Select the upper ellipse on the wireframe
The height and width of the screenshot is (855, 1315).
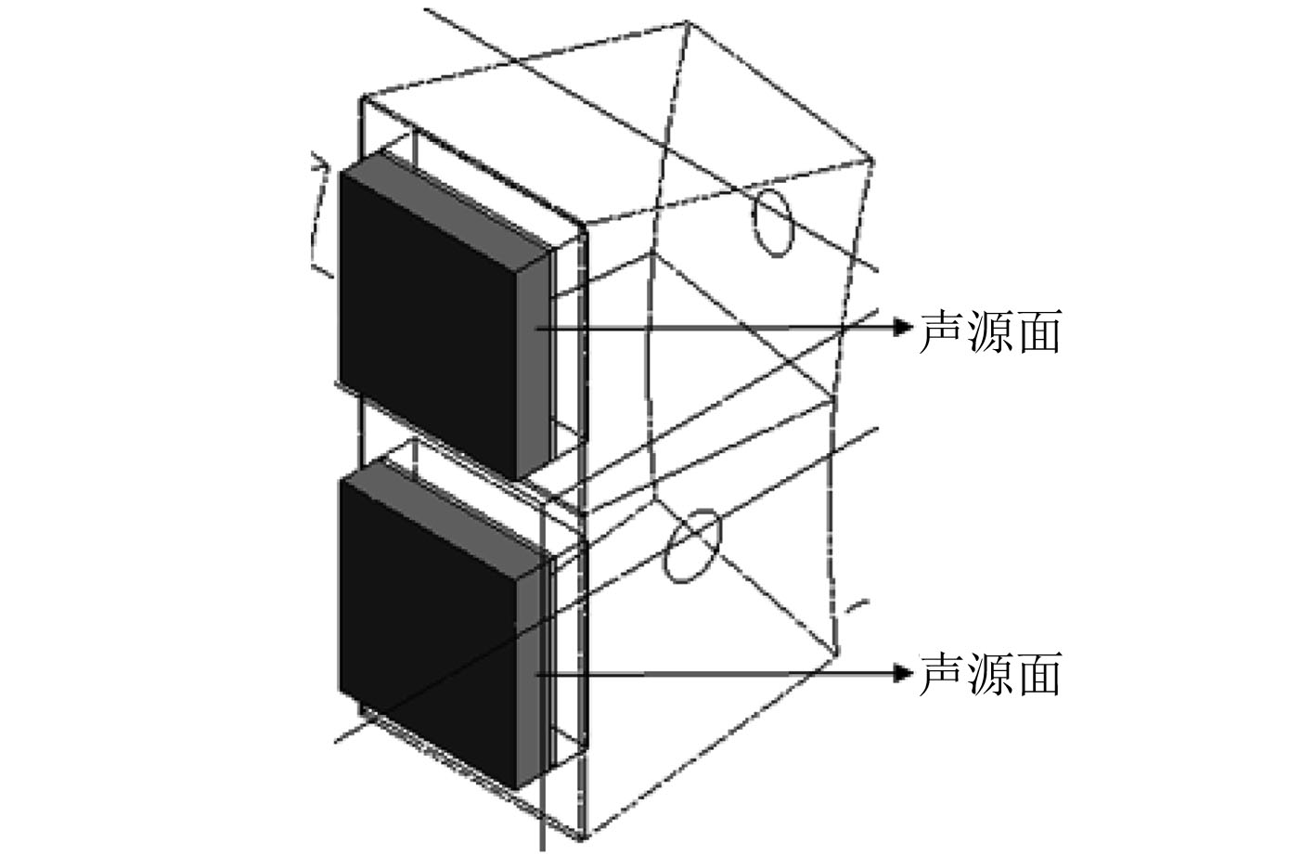[x=772, y=220]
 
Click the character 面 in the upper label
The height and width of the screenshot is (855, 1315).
[x=1038, y=330]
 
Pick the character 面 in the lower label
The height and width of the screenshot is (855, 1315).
[x=1038, y=675]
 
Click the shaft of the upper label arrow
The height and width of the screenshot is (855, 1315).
[x=724, y=327]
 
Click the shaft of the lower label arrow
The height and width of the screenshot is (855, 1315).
[x=724, y=673]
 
